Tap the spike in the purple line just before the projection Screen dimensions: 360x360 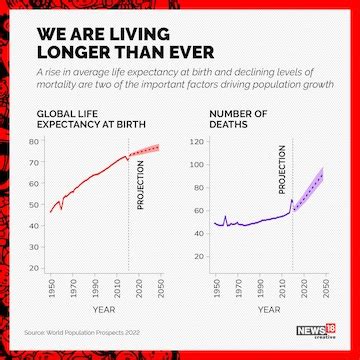click(x=291, y=201)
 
